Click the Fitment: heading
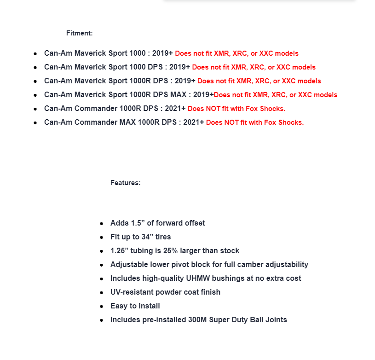(x=79, y=33)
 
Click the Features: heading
(x=125, y=183)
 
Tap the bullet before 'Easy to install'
(x=102, y=306)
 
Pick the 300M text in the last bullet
(x=199, y=320)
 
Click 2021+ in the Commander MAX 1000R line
(x=194, y=122)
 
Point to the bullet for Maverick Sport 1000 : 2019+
(x=35, y=54)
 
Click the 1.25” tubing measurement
(x=121, y=251)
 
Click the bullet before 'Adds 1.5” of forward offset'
(x=102, y=223)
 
